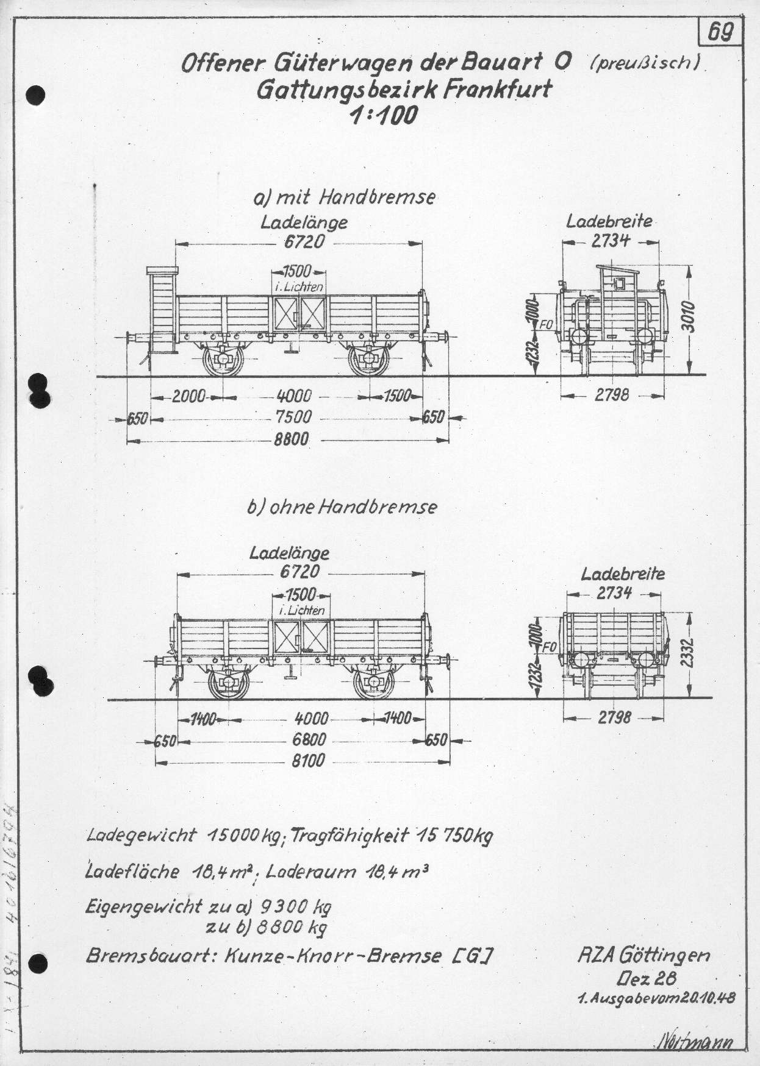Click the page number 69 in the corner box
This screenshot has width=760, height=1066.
click(720, 32)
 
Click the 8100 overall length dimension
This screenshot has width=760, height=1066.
click(307, 761)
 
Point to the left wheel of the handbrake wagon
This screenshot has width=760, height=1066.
click(223, 360)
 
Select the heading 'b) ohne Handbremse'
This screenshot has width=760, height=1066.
click(342, 507)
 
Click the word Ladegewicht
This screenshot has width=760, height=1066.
click(141, 835)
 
